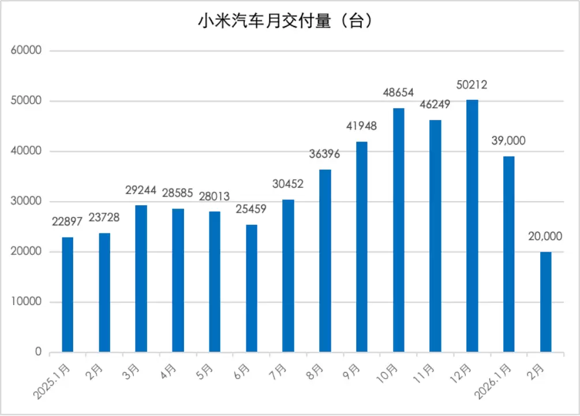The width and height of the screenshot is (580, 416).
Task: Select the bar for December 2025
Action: (472, 226)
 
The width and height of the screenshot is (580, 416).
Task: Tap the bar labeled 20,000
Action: (545, 302)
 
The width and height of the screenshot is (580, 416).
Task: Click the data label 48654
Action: (399, 92)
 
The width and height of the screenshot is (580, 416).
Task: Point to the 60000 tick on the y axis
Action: (27, 51)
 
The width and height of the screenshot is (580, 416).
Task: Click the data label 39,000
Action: (508, 140)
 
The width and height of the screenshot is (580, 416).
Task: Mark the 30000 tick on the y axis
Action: (27, 202)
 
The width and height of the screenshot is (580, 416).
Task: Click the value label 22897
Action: (67, 222)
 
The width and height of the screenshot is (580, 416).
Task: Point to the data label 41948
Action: (361, 126)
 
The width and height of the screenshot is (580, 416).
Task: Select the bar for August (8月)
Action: (325, 261)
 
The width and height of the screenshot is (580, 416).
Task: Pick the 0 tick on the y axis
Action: (38, 352)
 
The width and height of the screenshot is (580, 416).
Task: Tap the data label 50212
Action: (472, 85)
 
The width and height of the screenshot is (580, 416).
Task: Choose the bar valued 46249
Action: (435, 236)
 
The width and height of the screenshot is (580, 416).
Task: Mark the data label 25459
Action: (251, 209)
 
